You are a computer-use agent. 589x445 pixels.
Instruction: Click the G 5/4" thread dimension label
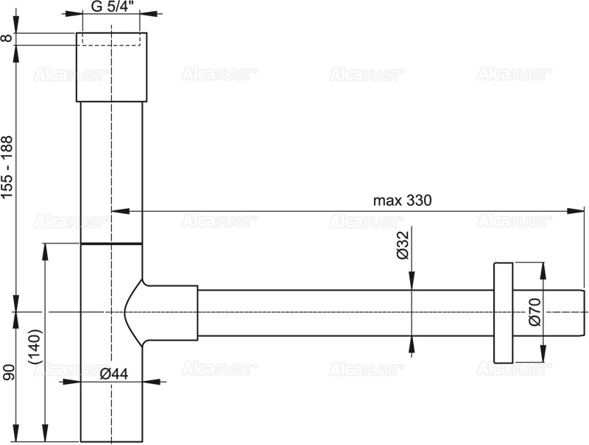(x=110, y=7)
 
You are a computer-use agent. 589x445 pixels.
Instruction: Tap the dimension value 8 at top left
(x=7, y=38)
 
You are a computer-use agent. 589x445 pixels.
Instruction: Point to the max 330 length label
(x=401, y=200)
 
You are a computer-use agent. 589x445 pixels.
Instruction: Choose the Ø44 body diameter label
(x=114, y=374)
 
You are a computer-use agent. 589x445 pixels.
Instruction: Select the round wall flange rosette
(x=503, y=312)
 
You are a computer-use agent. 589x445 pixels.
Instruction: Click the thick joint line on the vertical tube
(x=111, y=243)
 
